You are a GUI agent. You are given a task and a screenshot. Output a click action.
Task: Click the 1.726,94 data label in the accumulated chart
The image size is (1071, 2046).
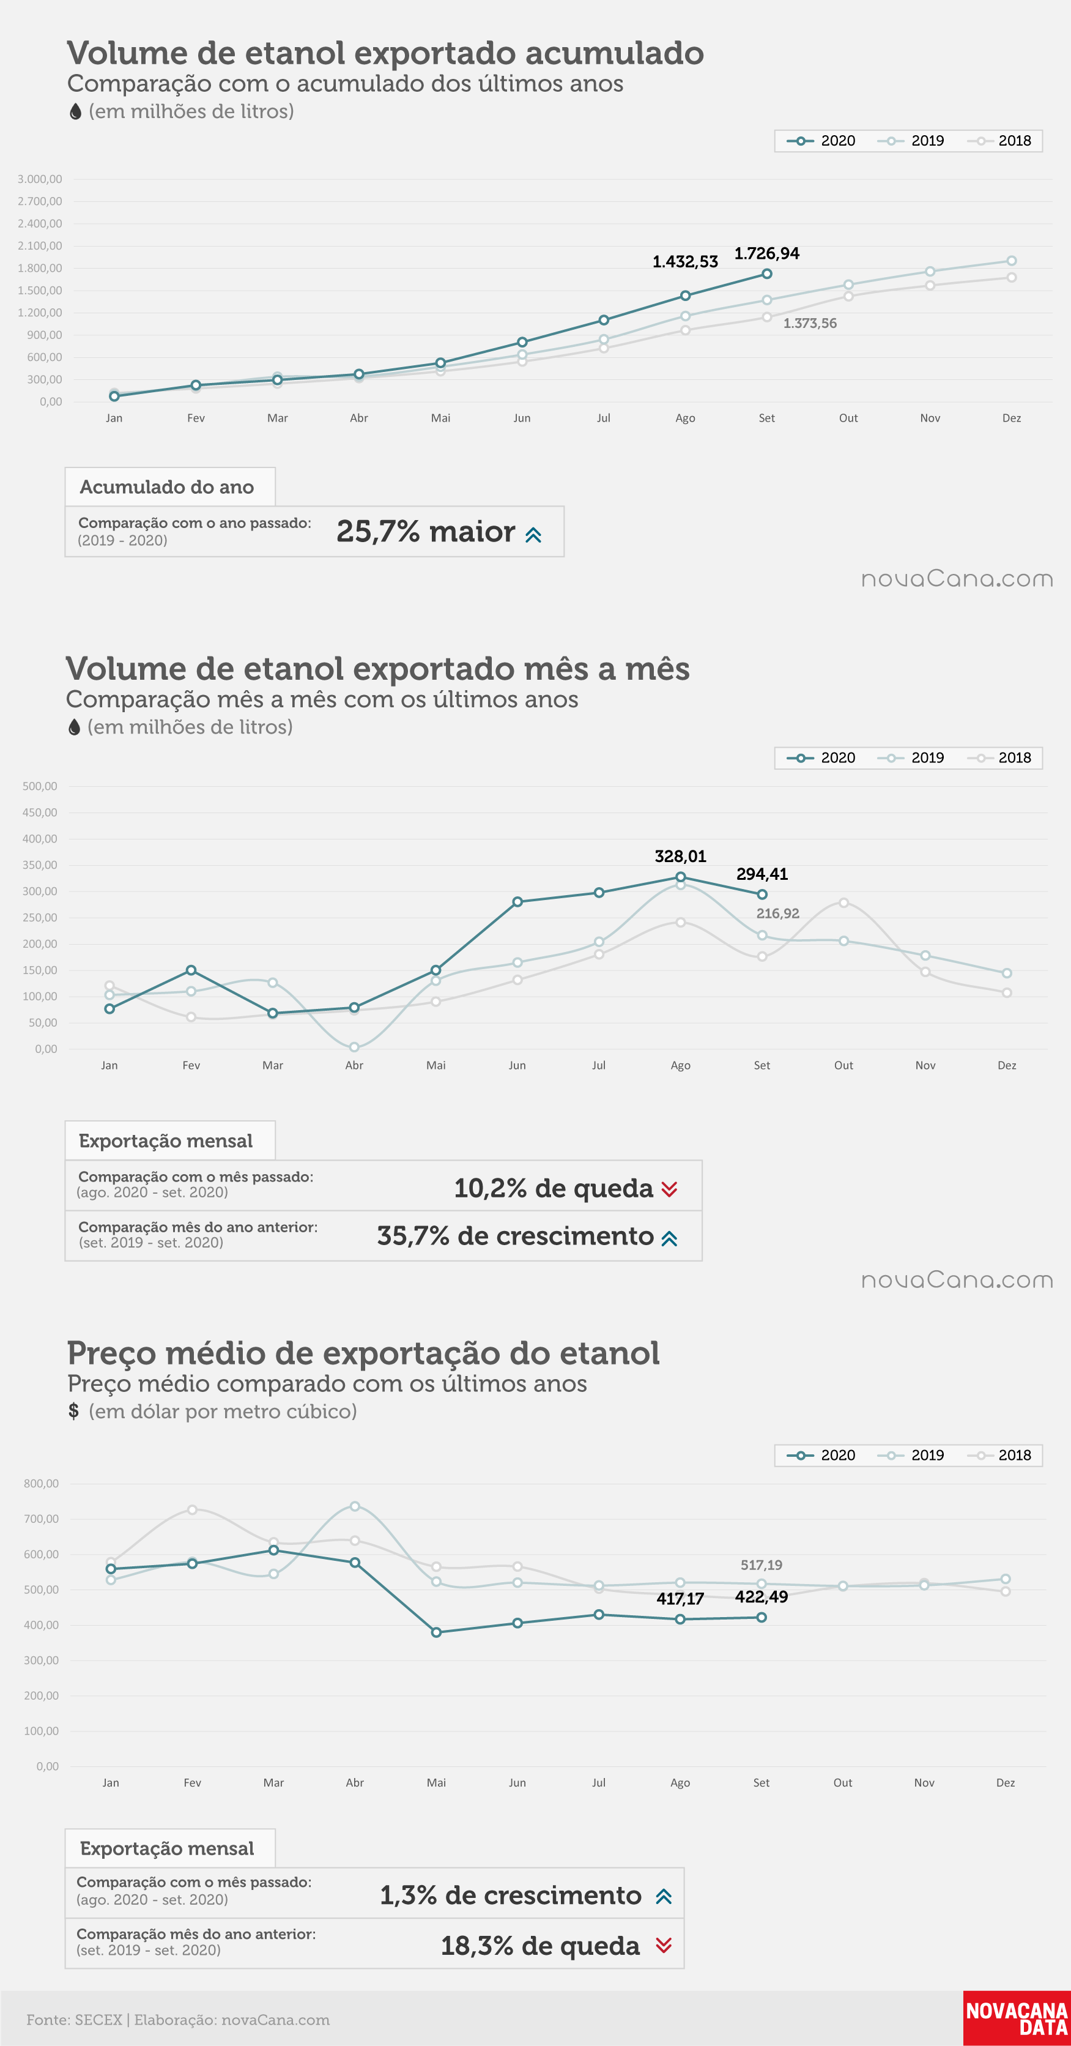coord(766,253)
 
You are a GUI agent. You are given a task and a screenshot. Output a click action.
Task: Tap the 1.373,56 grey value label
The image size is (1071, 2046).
coord(810,323)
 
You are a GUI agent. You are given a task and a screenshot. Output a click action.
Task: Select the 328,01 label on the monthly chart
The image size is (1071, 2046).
coord(680,856)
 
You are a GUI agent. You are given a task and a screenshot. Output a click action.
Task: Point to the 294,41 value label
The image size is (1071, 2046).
coord(762,874)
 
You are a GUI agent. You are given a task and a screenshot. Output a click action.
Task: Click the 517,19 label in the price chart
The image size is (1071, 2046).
coord(762,1564)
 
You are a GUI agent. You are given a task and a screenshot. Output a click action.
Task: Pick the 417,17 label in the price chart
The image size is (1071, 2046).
coord(680,1599)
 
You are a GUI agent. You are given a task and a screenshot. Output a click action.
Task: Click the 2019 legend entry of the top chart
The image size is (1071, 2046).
coord(911,141)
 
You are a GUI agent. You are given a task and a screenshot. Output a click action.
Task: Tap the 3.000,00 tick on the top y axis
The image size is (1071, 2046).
coord(40,179)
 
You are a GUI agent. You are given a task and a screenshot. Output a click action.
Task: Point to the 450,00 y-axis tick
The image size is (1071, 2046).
coord(40,813)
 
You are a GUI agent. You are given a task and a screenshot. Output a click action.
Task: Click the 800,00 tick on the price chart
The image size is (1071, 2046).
coord(41,1483)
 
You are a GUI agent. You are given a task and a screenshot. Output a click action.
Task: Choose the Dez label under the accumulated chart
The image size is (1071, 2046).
coord(1012,418)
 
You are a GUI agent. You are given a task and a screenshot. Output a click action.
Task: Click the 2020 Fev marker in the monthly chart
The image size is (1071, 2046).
coord(191,970)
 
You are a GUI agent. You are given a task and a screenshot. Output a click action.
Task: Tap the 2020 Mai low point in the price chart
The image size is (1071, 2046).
coord(436,1632)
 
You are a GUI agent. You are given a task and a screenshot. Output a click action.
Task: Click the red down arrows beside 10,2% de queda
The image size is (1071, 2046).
coord(669,1188)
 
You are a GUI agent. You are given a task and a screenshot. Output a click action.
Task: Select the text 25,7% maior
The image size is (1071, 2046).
coord(426,531)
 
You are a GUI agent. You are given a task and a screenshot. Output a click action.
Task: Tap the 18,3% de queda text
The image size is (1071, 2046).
coord(540,1945)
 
